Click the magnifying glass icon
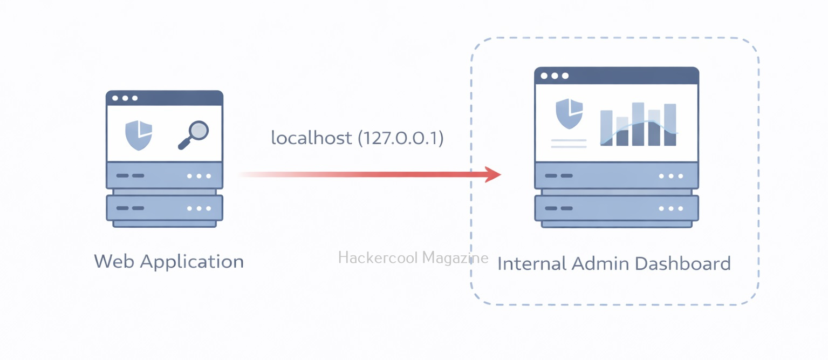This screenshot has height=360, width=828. [194, 134]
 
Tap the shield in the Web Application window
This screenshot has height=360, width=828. [139, 134]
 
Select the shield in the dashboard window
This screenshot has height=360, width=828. [569, 113]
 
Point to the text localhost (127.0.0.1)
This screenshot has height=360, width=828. [357, 138]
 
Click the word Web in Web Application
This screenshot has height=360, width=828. [113, 262]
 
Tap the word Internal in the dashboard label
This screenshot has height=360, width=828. [532, 264]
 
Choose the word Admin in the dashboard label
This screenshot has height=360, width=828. [600, 264]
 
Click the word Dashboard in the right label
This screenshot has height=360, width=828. [682, 264]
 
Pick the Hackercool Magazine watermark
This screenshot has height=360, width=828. [413, 258]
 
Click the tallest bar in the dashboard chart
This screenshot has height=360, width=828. [638, 124]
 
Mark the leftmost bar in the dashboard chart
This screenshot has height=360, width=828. [606, 128]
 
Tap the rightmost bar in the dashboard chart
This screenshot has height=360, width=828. [670, 125]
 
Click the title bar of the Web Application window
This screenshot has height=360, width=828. [165, 98]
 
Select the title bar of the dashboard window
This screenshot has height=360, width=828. [617, 76]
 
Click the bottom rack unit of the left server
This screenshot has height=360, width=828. [165, 208]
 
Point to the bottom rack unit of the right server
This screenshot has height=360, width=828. [617, 208]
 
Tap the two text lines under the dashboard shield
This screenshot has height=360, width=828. [569, 144]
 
